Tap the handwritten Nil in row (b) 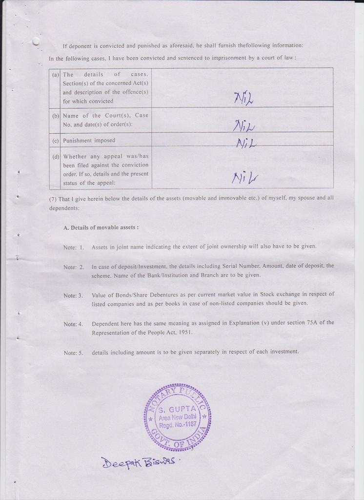pos(244,125)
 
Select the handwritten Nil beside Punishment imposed pos(246,143)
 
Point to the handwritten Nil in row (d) pos(244,178)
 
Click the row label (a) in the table pos(56,75)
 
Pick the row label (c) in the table pos(56,141)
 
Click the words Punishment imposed pos(89,141)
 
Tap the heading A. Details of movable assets pos(101,228)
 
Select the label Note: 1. pos(74,247)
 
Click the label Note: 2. pos(74,267)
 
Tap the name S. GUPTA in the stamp pos(178,408)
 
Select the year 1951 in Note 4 pos(184,333)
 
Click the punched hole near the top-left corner pos(36,42)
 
